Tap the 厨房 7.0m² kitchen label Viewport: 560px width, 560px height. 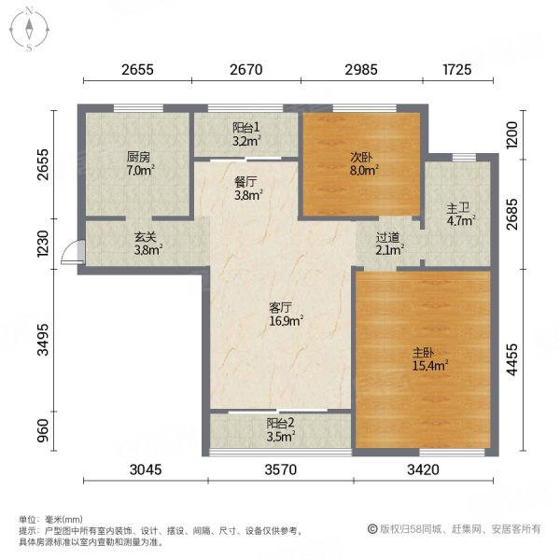click(x=140, y=164)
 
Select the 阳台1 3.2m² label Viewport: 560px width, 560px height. click(x=246, y=135)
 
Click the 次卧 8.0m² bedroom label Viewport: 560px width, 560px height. click(x=363, y=164)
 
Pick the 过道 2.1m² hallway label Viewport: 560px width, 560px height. click(x=389, y=244)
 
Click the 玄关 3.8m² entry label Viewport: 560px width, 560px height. click(x=148, y=244)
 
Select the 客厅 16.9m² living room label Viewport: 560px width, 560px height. click(x=285, y=314)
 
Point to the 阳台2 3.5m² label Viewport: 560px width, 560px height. click(x=280, y=428)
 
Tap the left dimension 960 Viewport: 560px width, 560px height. click(x=41, y=435)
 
